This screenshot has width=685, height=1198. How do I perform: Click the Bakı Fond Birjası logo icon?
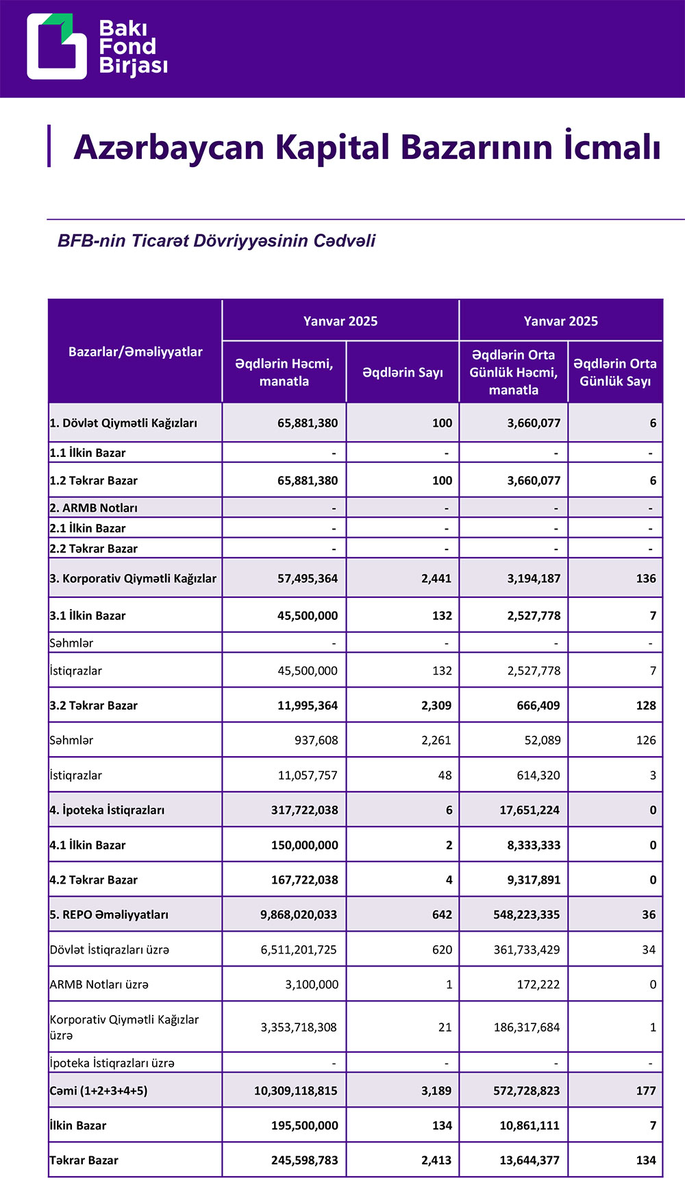click(57, 47)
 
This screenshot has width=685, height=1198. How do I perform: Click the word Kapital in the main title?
click(331, 147)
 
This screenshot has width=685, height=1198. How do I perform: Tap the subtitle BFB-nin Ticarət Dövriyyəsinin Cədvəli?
click(216, 241)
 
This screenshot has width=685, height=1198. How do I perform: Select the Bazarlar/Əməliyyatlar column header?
click(136, 352)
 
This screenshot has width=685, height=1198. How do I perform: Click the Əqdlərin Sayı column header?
click(403, 373)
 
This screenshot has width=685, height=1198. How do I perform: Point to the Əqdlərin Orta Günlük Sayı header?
click(615, 373)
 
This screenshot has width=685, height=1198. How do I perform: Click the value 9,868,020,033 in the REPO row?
click(299, 914)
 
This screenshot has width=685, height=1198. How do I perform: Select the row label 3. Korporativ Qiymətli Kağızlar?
click(133, 579)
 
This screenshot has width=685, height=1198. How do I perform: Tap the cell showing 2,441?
click(436, 579)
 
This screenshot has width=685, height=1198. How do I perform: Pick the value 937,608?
click(313, 740)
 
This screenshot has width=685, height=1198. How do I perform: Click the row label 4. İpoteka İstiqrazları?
click(107, 810)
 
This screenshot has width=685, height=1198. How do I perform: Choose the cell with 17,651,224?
click(530, 810)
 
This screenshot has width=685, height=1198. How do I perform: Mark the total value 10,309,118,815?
click(296, 1091)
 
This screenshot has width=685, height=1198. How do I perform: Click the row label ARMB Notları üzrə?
click(99, 985)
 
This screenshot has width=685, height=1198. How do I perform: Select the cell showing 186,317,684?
click(527, 1027)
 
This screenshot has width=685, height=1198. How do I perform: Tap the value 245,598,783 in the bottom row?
click(305, 1161)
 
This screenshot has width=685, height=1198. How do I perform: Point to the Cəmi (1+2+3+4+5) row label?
click(99, 1091)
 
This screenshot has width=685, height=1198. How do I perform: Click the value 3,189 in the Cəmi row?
click(436, 1091)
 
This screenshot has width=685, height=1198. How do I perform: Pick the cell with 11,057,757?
click(308, 775)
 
